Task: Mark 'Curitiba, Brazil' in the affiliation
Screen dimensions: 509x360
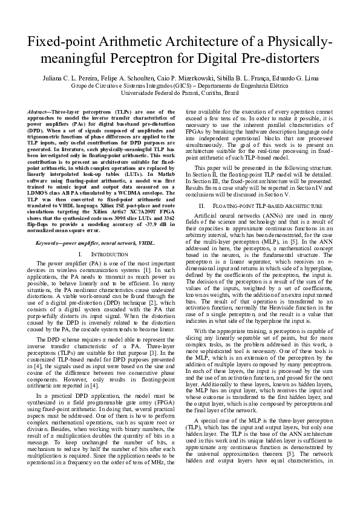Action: tap(219, 94)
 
